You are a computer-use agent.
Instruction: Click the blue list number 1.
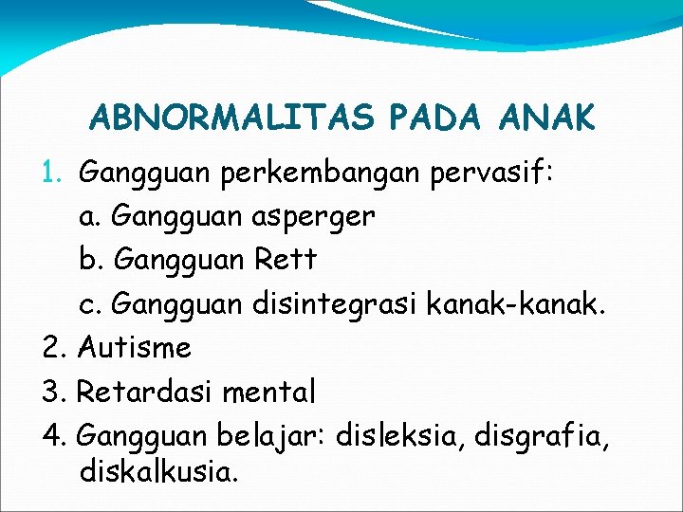point(53,173)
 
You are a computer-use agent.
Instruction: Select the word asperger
point(314,217)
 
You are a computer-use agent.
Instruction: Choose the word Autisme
point(135,347)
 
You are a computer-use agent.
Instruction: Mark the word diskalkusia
point(158,471)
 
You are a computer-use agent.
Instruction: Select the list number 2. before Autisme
point(53,347)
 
